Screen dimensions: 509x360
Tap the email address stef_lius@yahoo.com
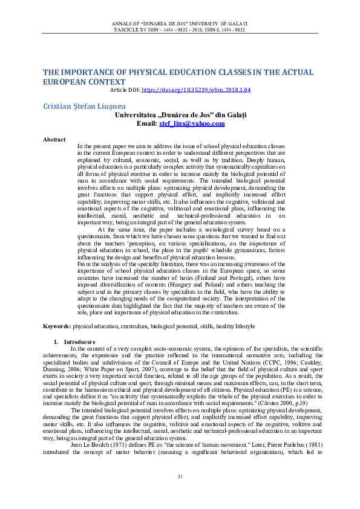(192, 123)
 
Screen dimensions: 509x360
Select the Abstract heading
(54, 140)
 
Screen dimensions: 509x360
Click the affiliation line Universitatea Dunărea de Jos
(180, 114)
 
